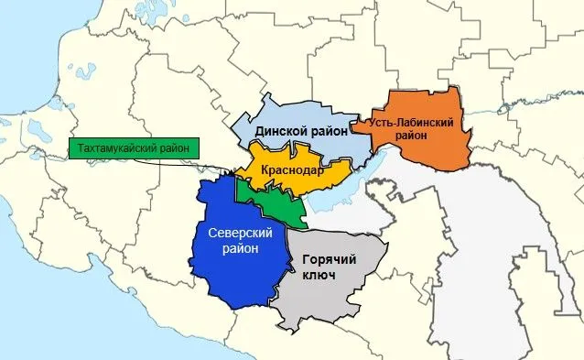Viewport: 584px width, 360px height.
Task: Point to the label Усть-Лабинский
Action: pos(413,121)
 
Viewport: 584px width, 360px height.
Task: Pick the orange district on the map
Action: pos(439,147)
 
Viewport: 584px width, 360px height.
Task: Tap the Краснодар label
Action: pos(292,171)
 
